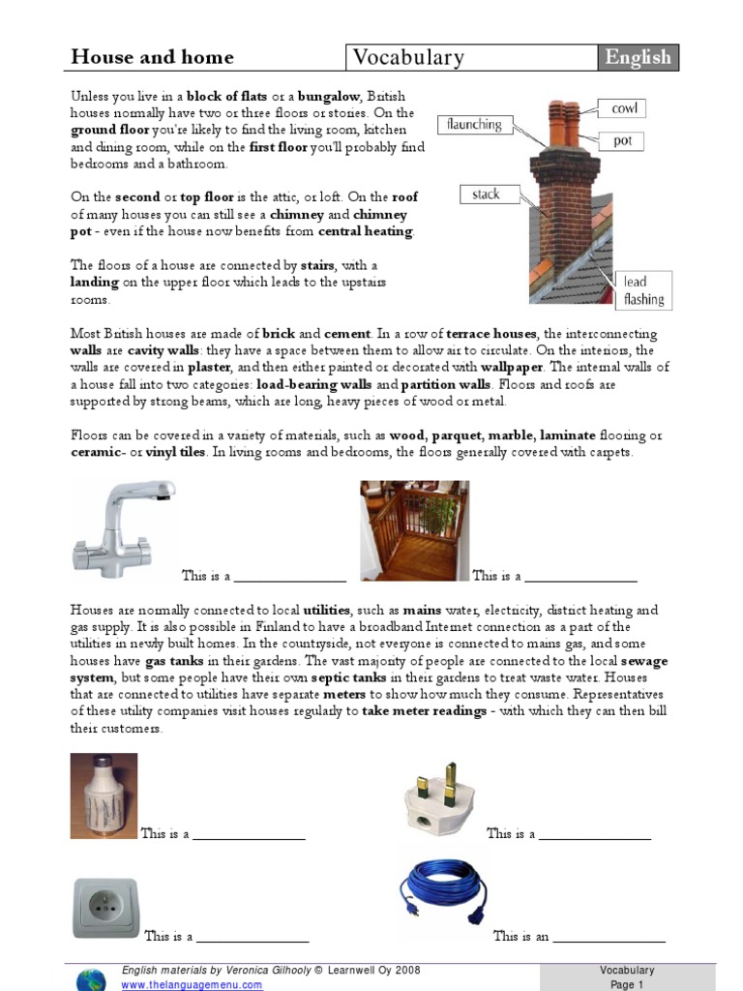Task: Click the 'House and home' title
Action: click(152, 57)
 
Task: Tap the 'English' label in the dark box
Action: click(637, 58)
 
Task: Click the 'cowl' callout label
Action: click(624, 108)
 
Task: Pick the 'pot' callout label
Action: click(622, 141)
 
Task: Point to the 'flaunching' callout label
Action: click(474, 124)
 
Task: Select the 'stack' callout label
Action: click(486, 195)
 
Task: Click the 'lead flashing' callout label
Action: click(643, 290)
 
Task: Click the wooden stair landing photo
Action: click(414, 530)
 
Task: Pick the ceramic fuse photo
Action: click(104, 796)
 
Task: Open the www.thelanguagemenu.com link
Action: click(192, 984)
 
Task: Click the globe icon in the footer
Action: click(91, 977)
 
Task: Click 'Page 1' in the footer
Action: click(626, 984)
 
